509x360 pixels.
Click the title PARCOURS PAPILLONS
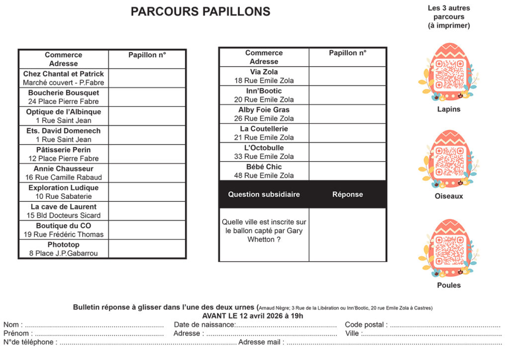(200, 12)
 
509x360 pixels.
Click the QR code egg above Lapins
(449, 73)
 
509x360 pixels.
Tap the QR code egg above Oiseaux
(449, 160)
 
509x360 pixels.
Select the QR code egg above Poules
(449, 248)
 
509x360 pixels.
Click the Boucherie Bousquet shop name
(64, 93)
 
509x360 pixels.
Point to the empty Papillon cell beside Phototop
(147, 249)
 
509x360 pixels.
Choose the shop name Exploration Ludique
(64, 188)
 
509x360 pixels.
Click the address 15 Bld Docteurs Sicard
(64, 215)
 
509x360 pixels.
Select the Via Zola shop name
(264, 72)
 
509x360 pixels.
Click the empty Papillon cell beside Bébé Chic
(347, 171)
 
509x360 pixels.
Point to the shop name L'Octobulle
(264, 148)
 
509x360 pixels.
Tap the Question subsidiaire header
(264, 194)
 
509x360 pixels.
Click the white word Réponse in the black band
(347, 194)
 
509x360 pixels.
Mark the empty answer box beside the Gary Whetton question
(347, 234)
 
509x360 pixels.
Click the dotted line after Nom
(94, 325)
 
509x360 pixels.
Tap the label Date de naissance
(204, 325)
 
